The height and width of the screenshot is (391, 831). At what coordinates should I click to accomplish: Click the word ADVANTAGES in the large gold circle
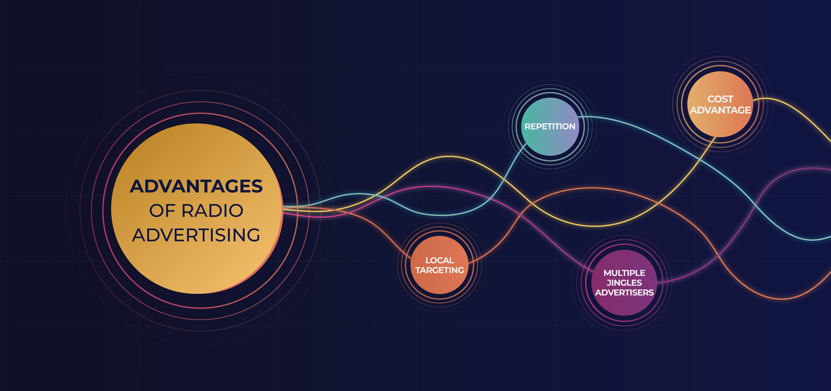coord(196,186)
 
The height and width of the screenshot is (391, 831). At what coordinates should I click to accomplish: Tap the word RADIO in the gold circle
coord(212,211)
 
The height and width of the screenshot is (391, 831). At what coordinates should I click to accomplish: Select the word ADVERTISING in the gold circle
coord(196,235)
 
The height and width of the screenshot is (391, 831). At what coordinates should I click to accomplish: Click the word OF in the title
coord(162,211)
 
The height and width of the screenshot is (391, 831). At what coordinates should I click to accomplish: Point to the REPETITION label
coord(550,126)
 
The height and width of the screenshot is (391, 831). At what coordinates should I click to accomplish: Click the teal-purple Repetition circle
coord(550,142)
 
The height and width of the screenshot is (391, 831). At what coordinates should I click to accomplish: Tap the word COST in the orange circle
coord(720,99)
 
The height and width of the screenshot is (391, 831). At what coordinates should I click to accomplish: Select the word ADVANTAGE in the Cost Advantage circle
coord(720,110)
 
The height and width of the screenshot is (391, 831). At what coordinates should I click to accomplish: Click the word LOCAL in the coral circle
coord(439,260)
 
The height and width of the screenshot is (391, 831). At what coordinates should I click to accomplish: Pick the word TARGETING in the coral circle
coord(439,270)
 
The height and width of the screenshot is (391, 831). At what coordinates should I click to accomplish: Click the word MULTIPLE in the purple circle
coord(624,273)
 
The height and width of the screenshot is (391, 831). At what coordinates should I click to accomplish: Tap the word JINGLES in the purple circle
coord(624,283)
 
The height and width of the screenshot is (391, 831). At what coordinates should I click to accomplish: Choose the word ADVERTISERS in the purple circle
coord(624,293)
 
